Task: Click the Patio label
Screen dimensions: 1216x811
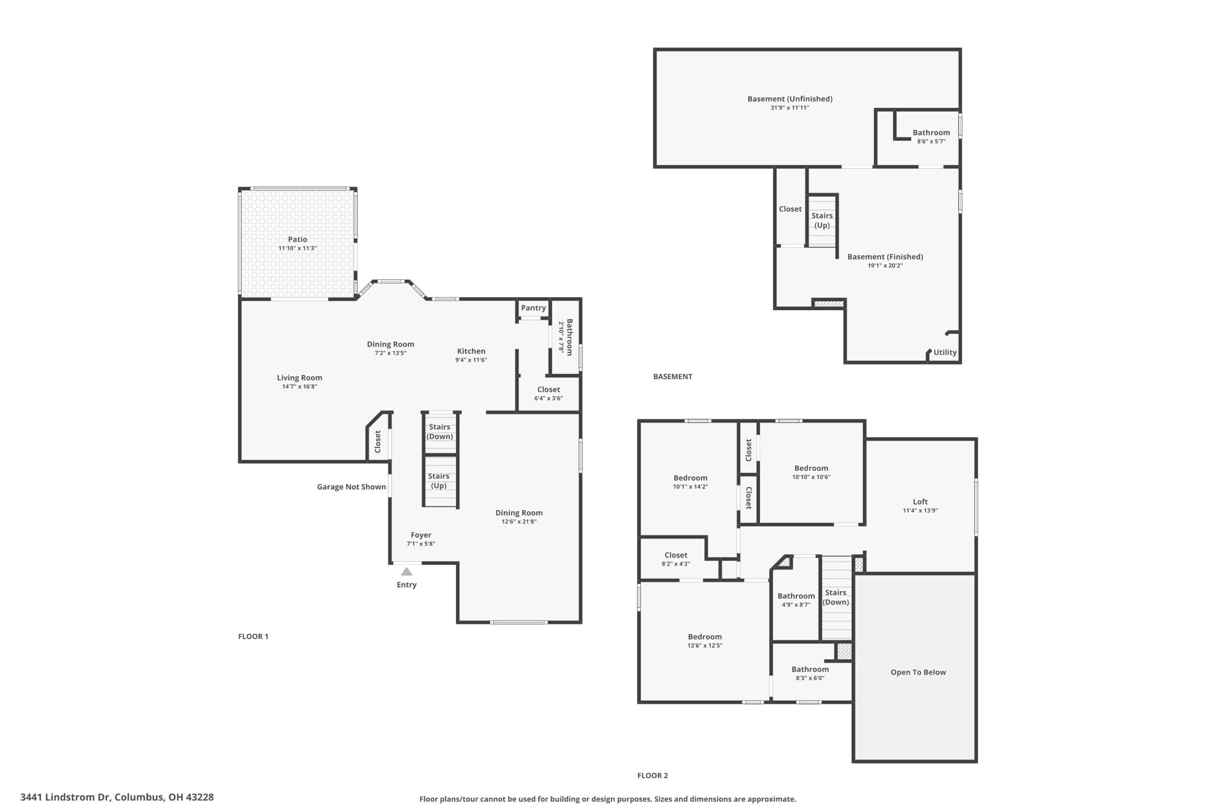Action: (297, 239)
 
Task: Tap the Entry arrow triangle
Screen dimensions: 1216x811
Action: (407, 572)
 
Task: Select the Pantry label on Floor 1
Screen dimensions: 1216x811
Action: (533, 308)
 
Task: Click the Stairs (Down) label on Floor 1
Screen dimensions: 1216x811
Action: (439, 431)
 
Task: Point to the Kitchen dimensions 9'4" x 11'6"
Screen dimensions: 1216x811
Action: (471, 360)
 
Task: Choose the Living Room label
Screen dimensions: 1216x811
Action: (299, 378)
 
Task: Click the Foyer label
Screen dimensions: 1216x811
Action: (421, 535)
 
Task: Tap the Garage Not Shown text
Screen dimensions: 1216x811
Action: (351, 487)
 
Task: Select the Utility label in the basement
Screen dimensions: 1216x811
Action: (945, 352)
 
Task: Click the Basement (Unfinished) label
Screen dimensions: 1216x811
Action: (790, 99)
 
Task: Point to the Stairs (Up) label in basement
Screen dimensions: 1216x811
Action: (822, 220)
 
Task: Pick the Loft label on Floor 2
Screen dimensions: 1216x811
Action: (920, 502)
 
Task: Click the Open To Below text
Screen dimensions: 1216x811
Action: (918, 672)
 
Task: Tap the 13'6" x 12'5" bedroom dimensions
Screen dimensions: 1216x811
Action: (705, 646)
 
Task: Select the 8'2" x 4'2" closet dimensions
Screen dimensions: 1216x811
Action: (676, 564)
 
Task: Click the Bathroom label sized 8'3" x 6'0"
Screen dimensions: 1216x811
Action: (810, 669)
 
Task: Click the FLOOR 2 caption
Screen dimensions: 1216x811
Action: (653, 775)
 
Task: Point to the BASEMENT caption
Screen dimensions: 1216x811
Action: (673, 377)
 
